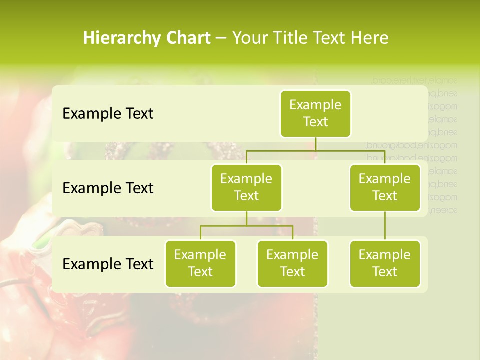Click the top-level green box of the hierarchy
click(x=315, y=114)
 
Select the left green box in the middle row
click(x=246, y=188)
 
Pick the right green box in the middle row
click(x=385, y=188)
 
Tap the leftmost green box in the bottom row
click(x=200, y=264)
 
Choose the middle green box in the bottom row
click(x=292, y=264)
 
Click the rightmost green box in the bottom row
click(x=385, y=264)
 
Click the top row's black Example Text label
click(x=108, y=114)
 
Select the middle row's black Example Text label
click(x=108, y=188)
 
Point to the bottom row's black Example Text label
click(x=108, y=264)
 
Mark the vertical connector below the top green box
click(x=315, y=144)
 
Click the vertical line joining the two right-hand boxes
click(x=385, y=226)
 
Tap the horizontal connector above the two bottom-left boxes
click(x=246, y=226)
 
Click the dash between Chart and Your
click(x=221, y=38)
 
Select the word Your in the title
click(x=249, y=38)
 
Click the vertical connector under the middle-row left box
click(x=246, y=218)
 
